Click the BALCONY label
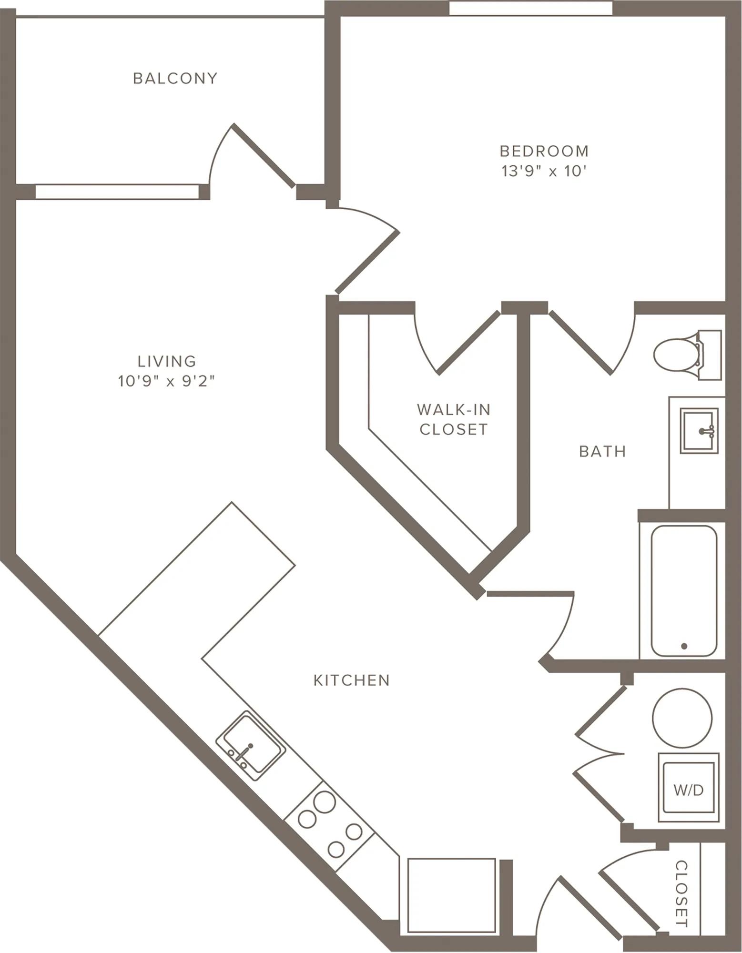pyautogui.click(x=175, y=78)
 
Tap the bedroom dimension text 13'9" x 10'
pyautogui.click(x=544, y=171)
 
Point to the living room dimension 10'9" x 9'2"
pyautogui.click(x=166, y=381)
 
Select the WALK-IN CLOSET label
pyautogui.click(x=453, y=419)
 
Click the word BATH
pyautogui.click(x=602, y=451)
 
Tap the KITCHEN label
pyautogui.click(x=352, y=680)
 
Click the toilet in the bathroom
pyautogui.click(x=687, y=355)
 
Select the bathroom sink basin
pyautogui.click(x=699, y=431)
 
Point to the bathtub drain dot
pyautogui.click(x=684, y=646)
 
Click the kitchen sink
pyautogui.click(x=251, y=746)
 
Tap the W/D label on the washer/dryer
pyautogui.click(x=688, y=791)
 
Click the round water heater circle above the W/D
pyautogui.click(x=682, y=718)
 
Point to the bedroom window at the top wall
pyautogui.click(x=531, y=8)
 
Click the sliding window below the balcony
pyautogui.click(x=117, y=192)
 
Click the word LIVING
pyautogui.click(x=166, y=361)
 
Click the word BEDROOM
pyautogui.click(x=544, y=151)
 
